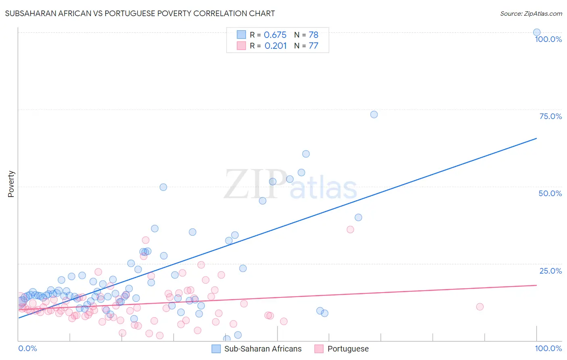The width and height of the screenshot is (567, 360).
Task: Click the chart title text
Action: (x=140, y=13)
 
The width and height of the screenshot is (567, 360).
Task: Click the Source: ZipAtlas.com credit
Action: (x=531, y=13)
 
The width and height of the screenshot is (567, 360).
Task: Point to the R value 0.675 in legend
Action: (x=275, y=35)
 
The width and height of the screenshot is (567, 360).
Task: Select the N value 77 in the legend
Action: (x=313, y=46)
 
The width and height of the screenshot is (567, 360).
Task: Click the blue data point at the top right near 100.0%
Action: (x=537, y=32)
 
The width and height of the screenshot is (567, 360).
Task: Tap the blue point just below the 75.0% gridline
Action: (x=374, y=114)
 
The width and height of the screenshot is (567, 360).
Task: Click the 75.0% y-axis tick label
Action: (x=550, y=116)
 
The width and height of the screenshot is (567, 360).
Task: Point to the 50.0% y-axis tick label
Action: (x=550, y=193)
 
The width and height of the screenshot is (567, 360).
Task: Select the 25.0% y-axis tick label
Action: (x=550, y=271)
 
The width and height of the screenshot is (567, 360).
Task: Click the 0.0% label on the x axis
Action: (x=27, y=348)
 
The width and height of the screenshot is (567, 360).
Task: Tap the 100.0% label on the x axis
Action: (x=548, y=348)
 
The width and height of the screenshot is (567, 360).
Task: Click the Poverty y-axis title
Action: (x=11, y=184)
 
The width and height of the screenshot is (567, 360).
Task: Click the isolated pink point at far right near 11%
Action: (x=479, y=307)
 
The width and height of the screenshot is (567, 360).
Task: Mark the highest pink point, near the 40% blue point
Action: (x=350, y=229)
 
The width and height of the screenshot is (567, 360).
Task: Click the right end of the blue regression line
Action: (x=536, y=138)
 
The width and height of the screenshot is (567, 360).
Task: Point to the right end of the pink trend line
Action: (x=536, y=285)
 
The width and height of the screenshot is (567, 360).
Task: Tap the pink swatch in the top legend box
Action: (x=241, y=46)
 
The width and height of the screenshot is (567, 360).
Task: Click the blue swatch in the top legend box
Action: (x=241, y=35)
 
